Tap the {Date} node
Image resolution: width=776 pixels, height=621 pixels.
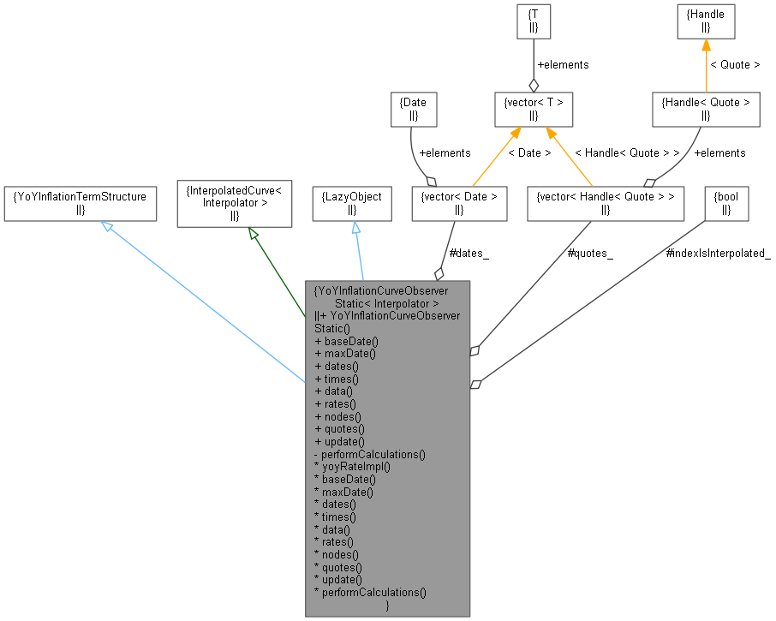(413, 109)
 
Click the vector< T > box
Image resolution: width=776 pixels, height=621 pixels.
(533, 109)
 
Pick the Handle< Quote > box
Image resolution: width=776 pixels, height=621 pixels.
(706, 109)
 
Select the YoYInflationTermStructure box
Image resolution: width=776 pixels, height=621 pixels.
(80, 203)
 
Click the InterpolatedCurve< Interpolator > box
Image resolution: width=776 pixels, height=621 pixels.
(234, 203)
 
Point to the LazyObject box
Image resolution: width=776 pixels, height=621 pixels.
(351, 203)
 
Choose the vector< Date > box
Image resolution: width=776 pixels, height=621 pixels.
(459, 203)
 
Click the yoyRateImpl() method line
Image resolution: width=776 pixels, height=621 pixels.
(352, 467)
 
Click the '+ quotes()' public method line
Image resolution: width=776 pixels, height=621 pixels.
(339, 428)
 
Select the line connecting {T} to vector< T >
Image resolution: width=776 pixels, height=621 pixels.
(533, 60)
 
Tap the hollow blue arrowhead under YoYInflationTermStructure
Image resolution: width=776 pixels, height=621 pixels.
(107, 226)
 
